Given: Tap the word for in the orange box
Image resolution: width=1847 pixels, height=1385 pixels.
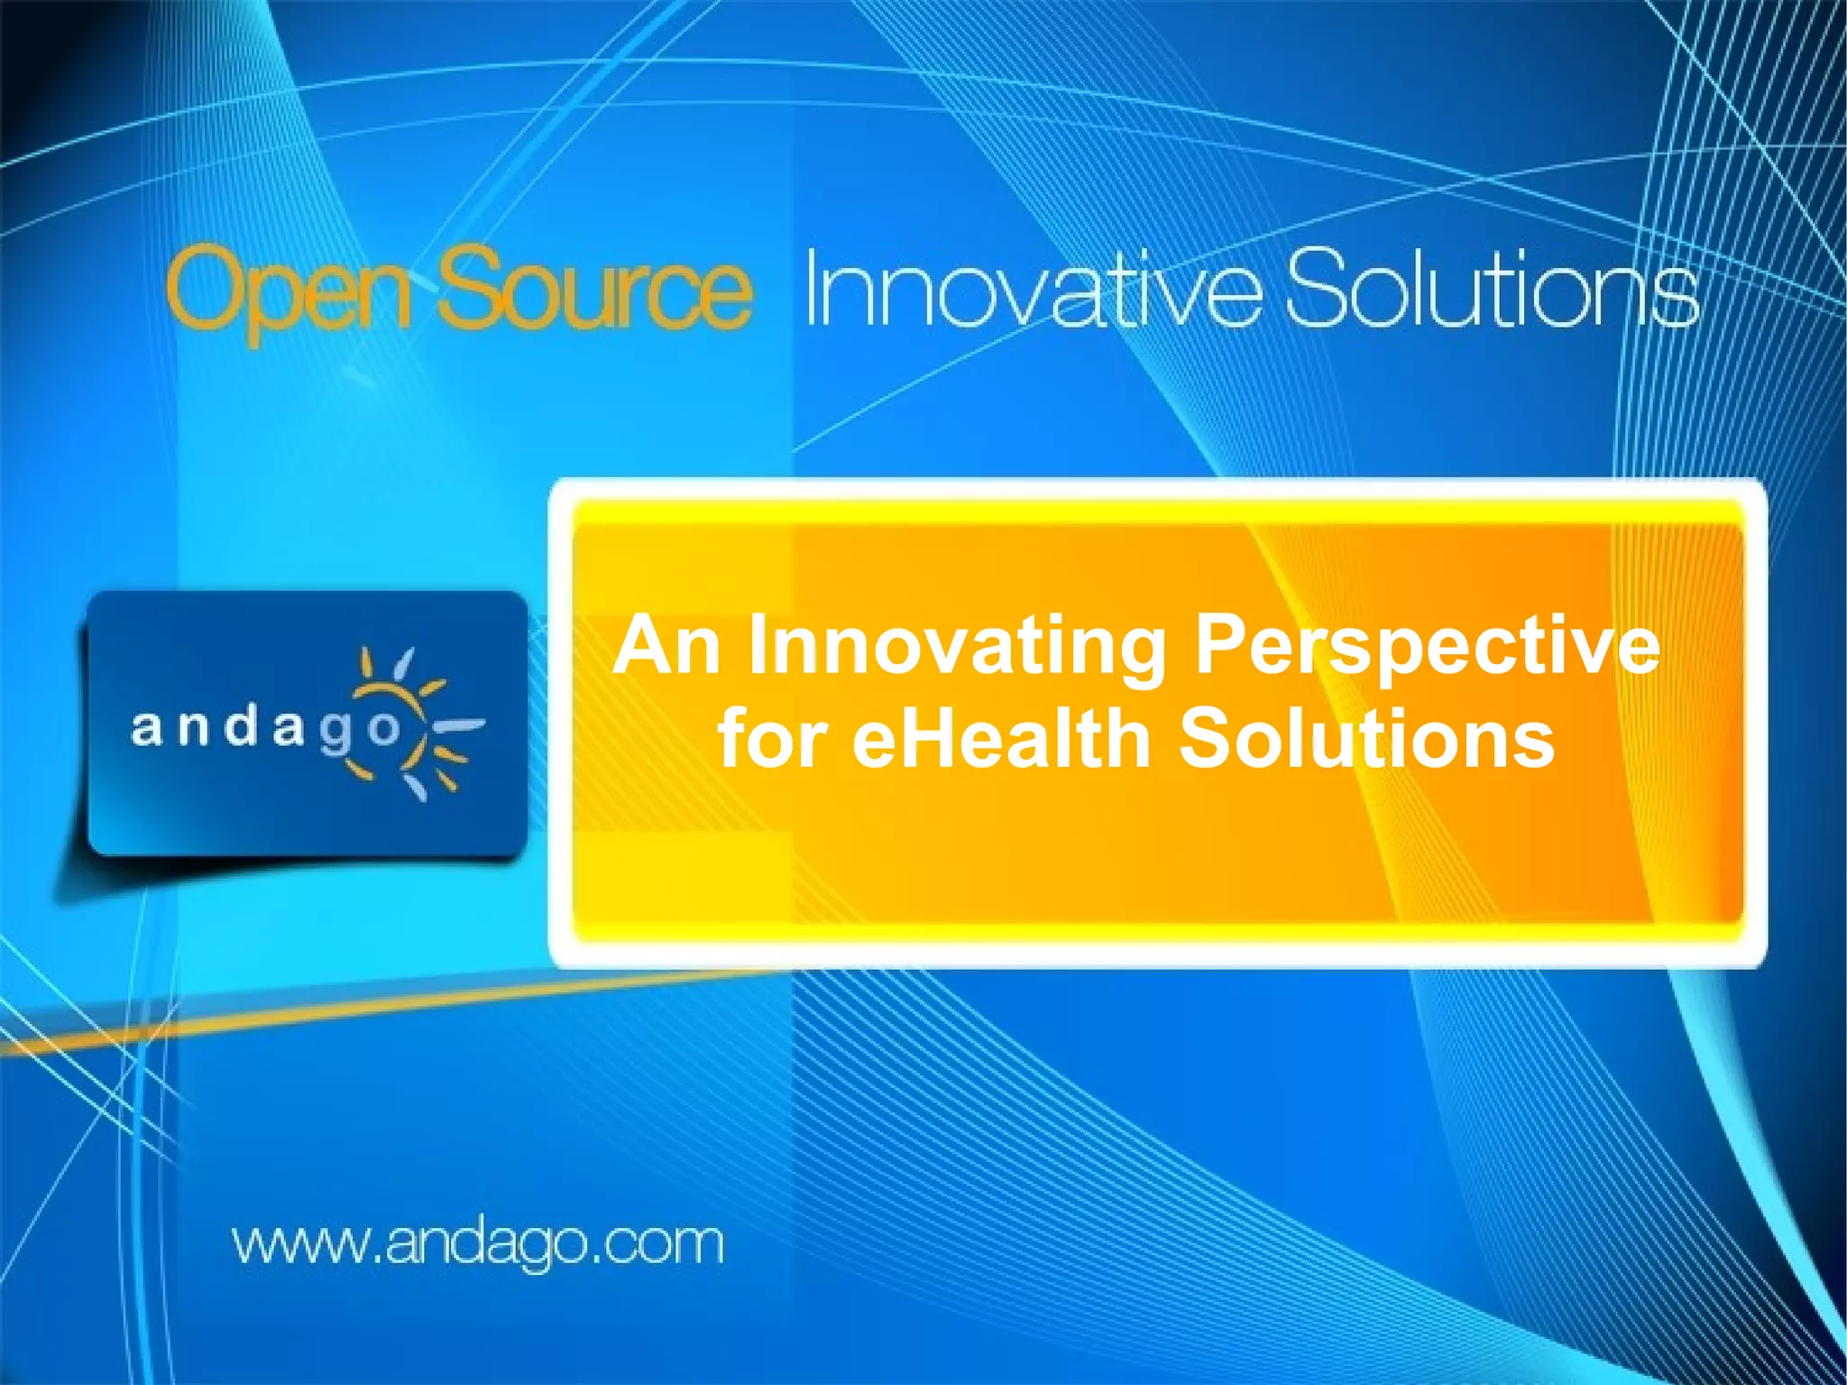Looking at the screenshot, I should pyautogui.click(x=772, y=738).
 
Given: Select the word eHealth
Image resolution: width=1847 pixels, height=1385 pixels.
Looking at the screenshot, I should pyautogui.click(x=1002, y=738).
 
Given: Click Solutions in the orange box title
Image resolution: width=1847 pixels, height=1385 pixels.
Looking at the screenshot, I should pyautogui.click(x=1366, y=738).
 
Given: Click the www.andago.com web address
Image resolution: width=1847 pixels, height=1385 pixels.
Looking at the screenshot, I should pyautogui.click(x=478, y=1243).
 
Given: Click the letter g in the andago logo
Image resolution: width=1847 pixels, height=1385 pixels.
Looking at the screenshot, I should pyautogui.click(x=335, y=733).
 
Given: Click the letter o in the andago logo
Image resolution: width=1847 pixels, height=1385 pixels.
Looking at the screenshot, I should pyautogui.click(x=382, y=727).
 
